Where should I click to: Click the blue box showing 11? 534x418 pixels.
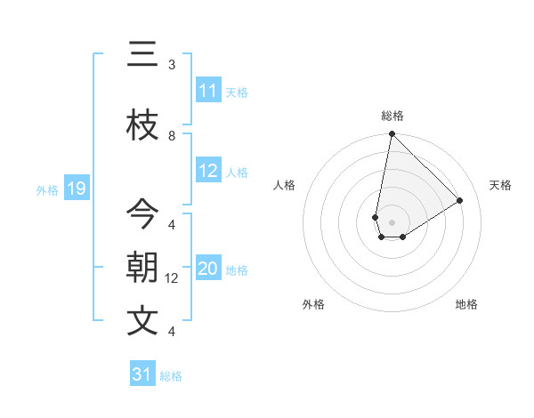pyautogui.click(x=208, y=91)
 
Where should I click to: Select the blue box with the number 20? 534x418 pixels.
pyautogui.click(x=208, y=269)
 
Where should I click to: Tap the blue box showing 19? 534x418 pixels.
pyautogui.click(x=77, y=189)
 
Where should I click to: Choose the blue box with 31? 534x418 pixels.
pyautogui.click(x=142, y=374)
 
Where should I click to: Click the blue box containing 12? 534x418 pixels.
pyautogui.click(x=208, y=171)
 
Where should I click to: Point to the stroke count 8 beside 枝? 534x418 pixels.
pyautogui.click(x=172, y=135)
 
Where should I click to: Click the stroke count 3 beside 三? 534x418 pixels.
pyautogui.click(x=172, y=64)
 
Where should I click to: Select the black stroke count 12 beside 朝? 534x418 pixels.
pyautogui.click(x=173, y=278)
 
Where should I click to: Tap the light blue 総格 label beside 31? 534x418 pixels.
pyautogui.click(x=171, y=376)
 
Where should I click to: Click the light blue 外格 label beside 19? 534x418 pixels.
pyautogui.click(x=47, y=189)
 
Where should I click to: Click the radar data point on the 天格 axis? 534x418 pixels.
pyautogui.click(x=460, y=200)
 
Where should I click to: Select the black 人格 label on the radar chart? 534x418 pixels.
pyautogui.click(x=285, y=185)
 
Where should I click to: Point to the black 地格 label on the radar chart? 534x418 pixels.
pyautogui.click(x=466, y=304)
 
